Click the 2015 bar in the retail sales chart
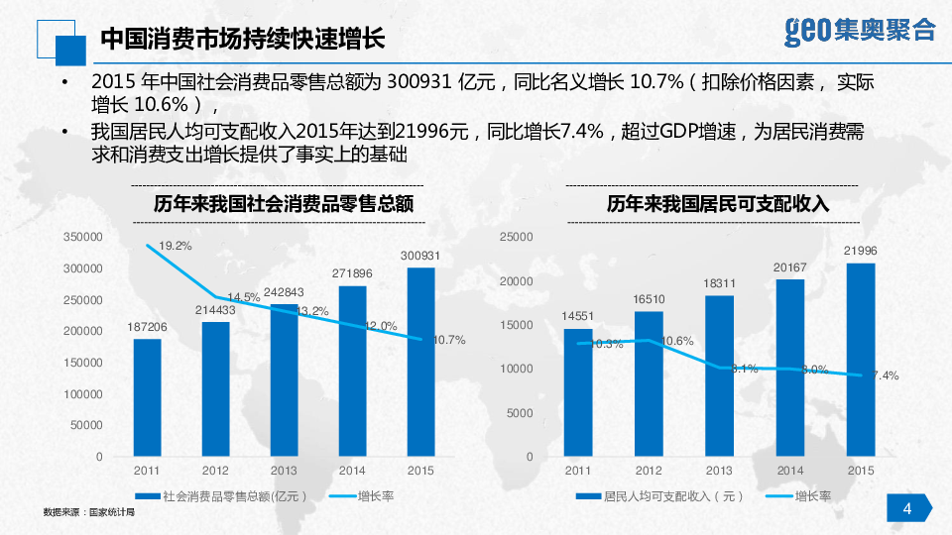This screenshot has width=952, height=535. pos(420,362)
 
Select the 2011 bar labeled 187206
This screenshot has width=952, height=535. pos(147,397)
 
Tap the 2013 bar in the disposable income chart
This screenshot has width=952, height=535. pos(719,375)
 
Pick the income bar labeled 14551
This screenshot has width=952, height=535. pos(577,392)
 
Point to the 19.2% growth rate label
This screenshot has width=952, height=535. pos(175,245)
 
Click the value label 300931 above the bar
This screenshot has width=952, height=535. pos(420,256)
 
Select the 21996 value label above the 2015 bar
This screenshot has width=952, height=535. pos(860,251)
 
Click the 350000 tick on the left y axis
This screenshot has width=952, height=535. pos(83,237)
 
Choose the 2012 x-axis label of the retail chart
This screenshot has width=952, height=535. pos(215,470)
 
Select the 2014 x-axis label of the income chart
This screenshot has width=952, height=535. pos(790,470)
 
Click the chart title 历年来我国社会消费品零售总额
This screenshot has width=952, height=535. pos(283,205)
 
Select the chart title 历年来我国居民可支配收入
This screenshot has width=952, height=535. pos(718,205)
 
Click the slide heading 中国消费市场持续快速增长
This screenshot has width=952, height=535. pos(242,41)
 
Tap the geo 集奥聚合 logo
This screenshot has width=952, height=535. pos(859,30)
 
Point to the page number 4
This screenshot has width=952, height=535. pos(907,509)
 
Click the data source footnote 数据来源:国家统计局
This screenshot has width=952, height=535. pos(88,513)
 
